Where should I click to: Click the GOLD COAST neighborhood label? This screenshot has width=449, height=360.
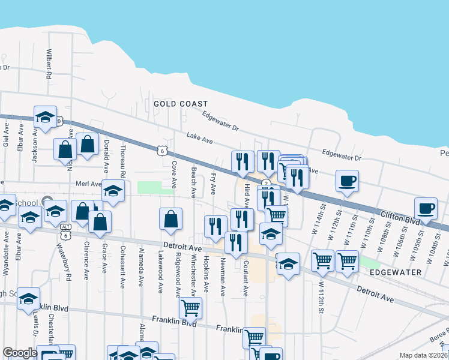point(180,104)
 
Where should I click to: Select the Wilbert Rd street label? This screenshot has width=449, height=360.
point(49,65)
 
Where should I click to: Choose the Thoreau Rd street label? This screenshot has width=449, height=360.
point(123,161)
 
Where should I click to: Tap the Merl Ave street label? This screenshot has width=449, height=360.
point(86,184)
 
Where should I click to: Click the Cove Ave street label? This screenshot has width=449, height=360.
point(175,172)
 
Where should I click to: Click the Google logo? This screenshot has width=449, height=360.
point(20,353)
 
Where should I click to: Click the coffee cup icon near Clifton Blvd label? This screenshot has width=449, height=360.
point(425,209)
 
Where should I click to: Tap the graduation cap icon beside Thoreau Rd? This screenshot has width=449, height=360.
point(112,191)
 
